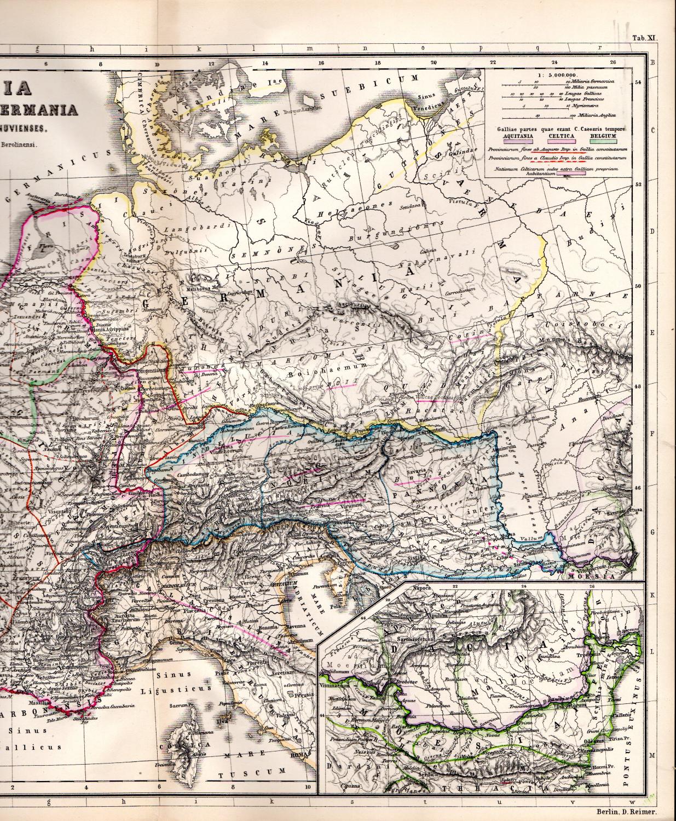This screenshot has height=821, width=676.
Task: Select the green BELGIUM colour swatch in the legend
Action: (606, 141)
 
